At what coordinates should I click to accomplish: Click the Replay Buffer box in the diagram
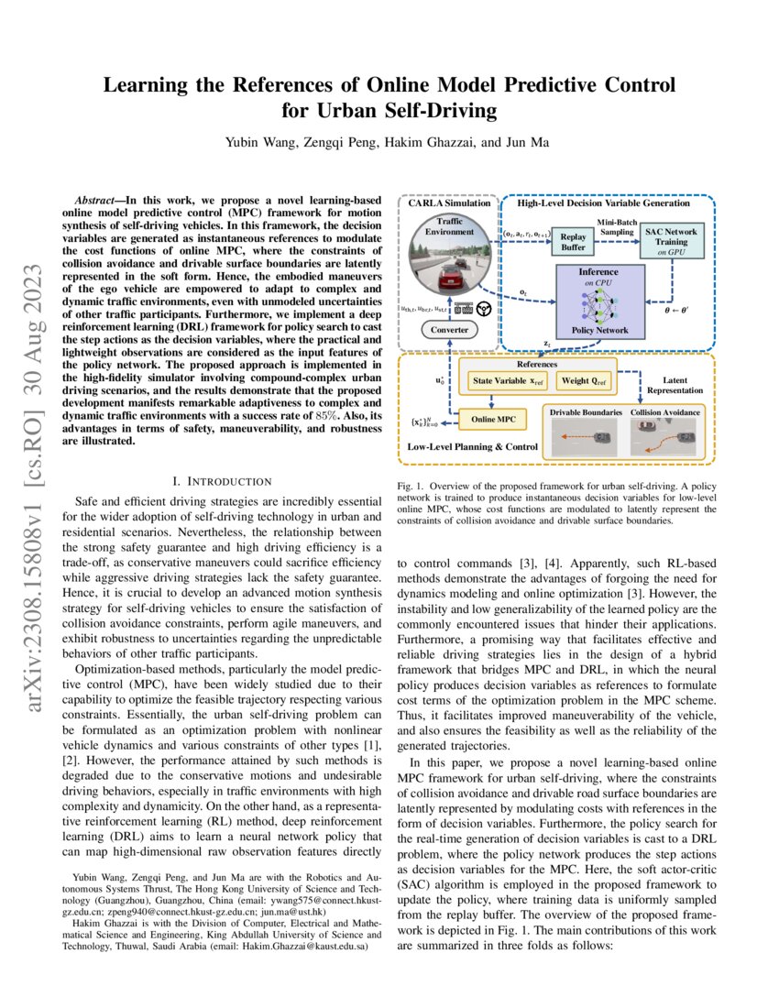(573, 242)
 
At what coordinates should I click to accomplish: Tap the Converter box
(449, 330)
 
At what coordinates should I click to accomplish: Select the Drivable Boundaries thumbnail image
(586, 435)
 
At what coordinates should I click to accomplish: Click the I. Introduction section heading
(222, 481)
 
